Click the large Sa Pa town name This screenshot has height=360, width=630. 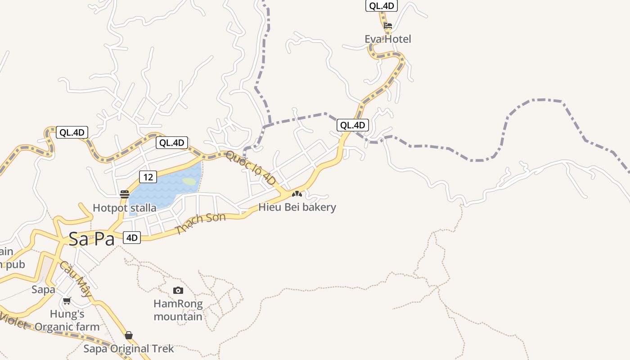(x=92, y=239)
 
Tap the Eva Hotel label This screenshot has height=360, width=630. (x=387, y=39)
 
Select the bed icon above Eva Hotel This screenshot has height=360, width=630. (x=388, y=26)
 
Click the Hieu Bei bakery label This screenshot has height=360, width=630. (x=297, y=207)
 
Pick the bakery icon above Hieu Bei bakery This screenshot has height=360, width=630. (x=297, y=194)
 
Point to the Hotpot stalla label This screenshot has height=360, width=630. (x=125, y=208)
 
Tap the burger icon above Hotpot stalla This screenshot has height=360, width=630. (x=125, y=194)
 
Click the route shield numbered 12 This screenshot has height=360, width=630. (x=148, y=177)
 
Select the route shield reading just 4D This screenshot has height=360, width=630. (x=132, y=238)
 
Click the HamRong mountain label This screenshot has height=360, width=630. (x=178, y=310)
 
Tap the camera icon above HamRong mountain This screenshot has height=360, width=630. (x=178, y=291)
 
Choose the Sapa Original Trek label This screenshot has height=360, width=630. (x=129, y=349)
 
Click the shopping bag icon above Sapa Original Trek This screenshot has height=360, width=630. (x=129, y=335)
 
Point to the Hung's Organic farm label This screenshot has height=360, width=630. (x=67, y=320)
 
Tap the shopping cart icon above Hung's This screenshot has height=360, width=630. (x=67, y=301)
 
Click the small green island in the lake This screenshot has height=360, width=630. (x=190, y=182)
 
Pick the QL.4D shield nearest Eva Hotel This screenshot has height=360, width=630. (x=381, y=6)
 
